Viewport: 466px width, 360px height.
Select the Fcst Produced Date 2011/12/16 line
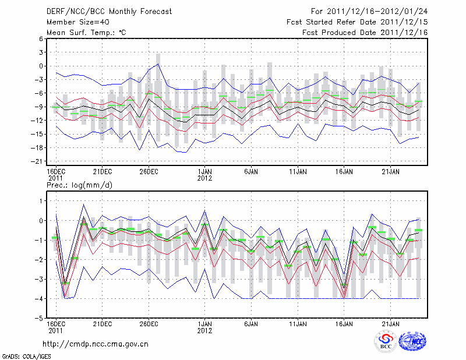click(x=365, y=33)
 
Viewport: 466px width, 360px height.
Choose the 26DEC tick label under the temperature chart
click(x=149, y=171)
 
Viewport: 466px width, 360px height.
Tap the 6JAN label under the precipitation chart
click(x=251, y=324)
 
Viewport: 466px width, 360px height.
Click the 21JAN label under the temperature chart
click(x=390, y=171)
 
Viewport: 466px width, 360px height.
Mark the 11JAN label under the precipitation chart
click(x=297, y=324)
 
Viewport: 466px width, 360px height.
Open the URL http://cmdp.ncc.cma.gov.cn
click(x=96, y=344)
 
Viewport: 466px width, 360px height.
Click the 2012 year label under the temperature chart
click(x=204, y=178)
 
